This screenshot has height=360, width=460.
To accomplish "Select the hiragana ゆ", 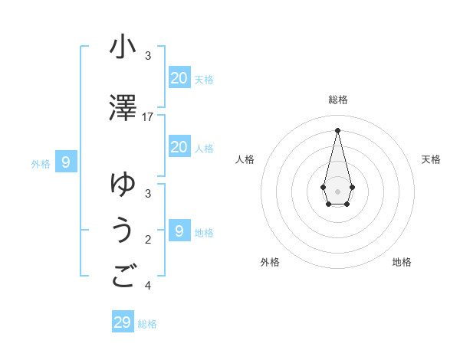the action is click(x=123, y=185).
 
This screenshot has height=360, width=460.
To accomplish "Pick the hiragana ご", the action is click(x=123, y=277).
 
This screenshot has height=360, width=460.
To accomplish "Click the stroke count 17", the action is click(x=148, y=116).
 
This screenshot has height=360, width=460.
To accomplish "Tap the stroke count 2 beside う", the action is click(x=148, y=240).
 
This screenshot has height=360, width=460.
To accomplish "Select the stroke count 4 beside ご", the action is click(x=148, y=286).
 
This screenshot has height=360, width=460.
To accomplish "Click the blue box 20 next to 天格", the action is click(x=179, y=77).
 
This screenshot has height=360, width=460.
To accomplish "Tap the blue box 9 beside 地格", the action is click(x=179, y=231).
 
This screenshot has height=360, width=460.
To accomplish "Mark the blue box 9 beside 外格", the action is click(x=66, y=162).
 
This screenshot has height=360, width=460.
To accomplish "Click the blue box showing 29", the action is click(x=122, y=322).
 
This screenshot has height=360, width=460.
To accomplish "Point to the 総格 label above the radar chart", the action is click(x=337, y=100).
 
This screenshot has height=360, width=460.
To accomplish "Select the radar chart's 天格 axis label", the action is click(x=431, y=159).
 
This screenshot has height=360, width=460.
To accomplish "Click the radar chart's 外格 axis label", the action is click(x=270, y=262).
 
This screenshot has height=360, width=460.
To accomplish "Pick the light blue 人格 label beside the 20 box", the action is click(x=204, y=148).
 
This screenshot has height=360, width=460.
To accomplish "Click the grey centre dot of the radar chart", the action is click(x=337, y=190).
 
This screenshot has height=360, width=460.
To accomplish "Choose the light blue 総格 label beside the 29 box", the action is click(x=147, y=324).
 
